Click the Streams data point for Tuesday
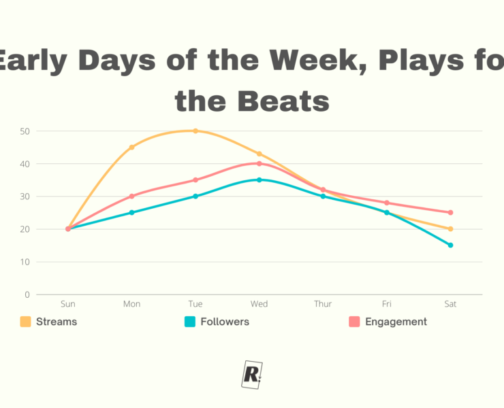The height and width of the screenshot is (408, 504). point(195,131)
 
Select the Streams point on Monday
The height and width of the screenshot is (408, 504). point(131,147)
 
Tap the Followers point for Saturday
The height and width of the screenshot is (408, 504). point(450,245)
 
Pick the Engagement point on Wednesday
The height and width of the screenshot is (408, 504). point(259,163)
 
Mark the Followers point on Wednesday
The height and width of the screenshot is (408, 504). point(259,180)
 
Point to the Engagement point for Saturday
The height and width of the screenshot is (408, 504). point(450,212)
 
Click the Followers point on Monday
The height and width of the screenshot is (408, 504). point(131,212)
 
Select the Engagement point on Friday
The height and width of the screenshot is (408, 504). point(387,203)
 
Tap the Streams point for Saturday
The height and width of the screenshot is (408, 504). point(450,228)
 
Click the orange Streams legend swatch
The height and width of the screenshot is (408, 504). point(26,322)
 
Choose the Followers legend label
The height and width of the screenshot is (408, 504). point(224,322)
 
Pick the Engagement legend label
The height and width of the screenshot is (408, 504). point(396,322)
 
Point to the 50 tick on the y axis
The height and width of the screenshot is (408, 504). point(25,131)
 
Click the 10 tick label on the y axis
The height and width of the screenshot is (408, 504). point(25,262)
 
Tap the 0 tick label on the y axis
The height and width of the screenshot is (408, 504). point(27,294)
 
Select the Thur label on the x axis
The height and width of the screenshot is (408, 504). point(323,304)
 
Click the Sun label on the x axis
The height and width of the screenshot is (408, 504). point(68,304)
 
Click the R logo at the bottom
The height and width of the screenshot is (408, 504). point(252,374)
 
